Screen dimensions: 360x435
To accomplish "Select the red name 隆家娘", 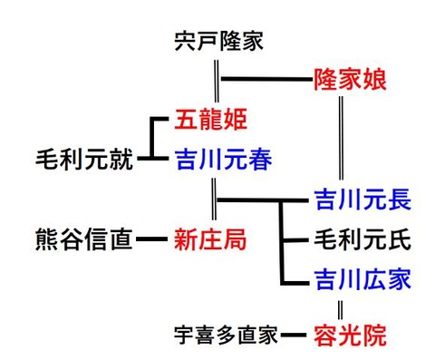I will pyautogui.click(x=350, y=80).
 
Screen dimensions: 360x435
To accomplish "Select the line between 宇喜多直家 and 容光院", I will pyautogui.click(x=292, y=336).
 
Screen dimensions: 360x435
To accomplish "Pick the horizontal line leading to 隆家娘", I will pyautogui.click(x=263, y=80).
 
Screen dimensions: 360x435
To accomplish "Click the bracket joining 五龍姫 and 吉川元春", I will pyautogui.click(x=154, y=141).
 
